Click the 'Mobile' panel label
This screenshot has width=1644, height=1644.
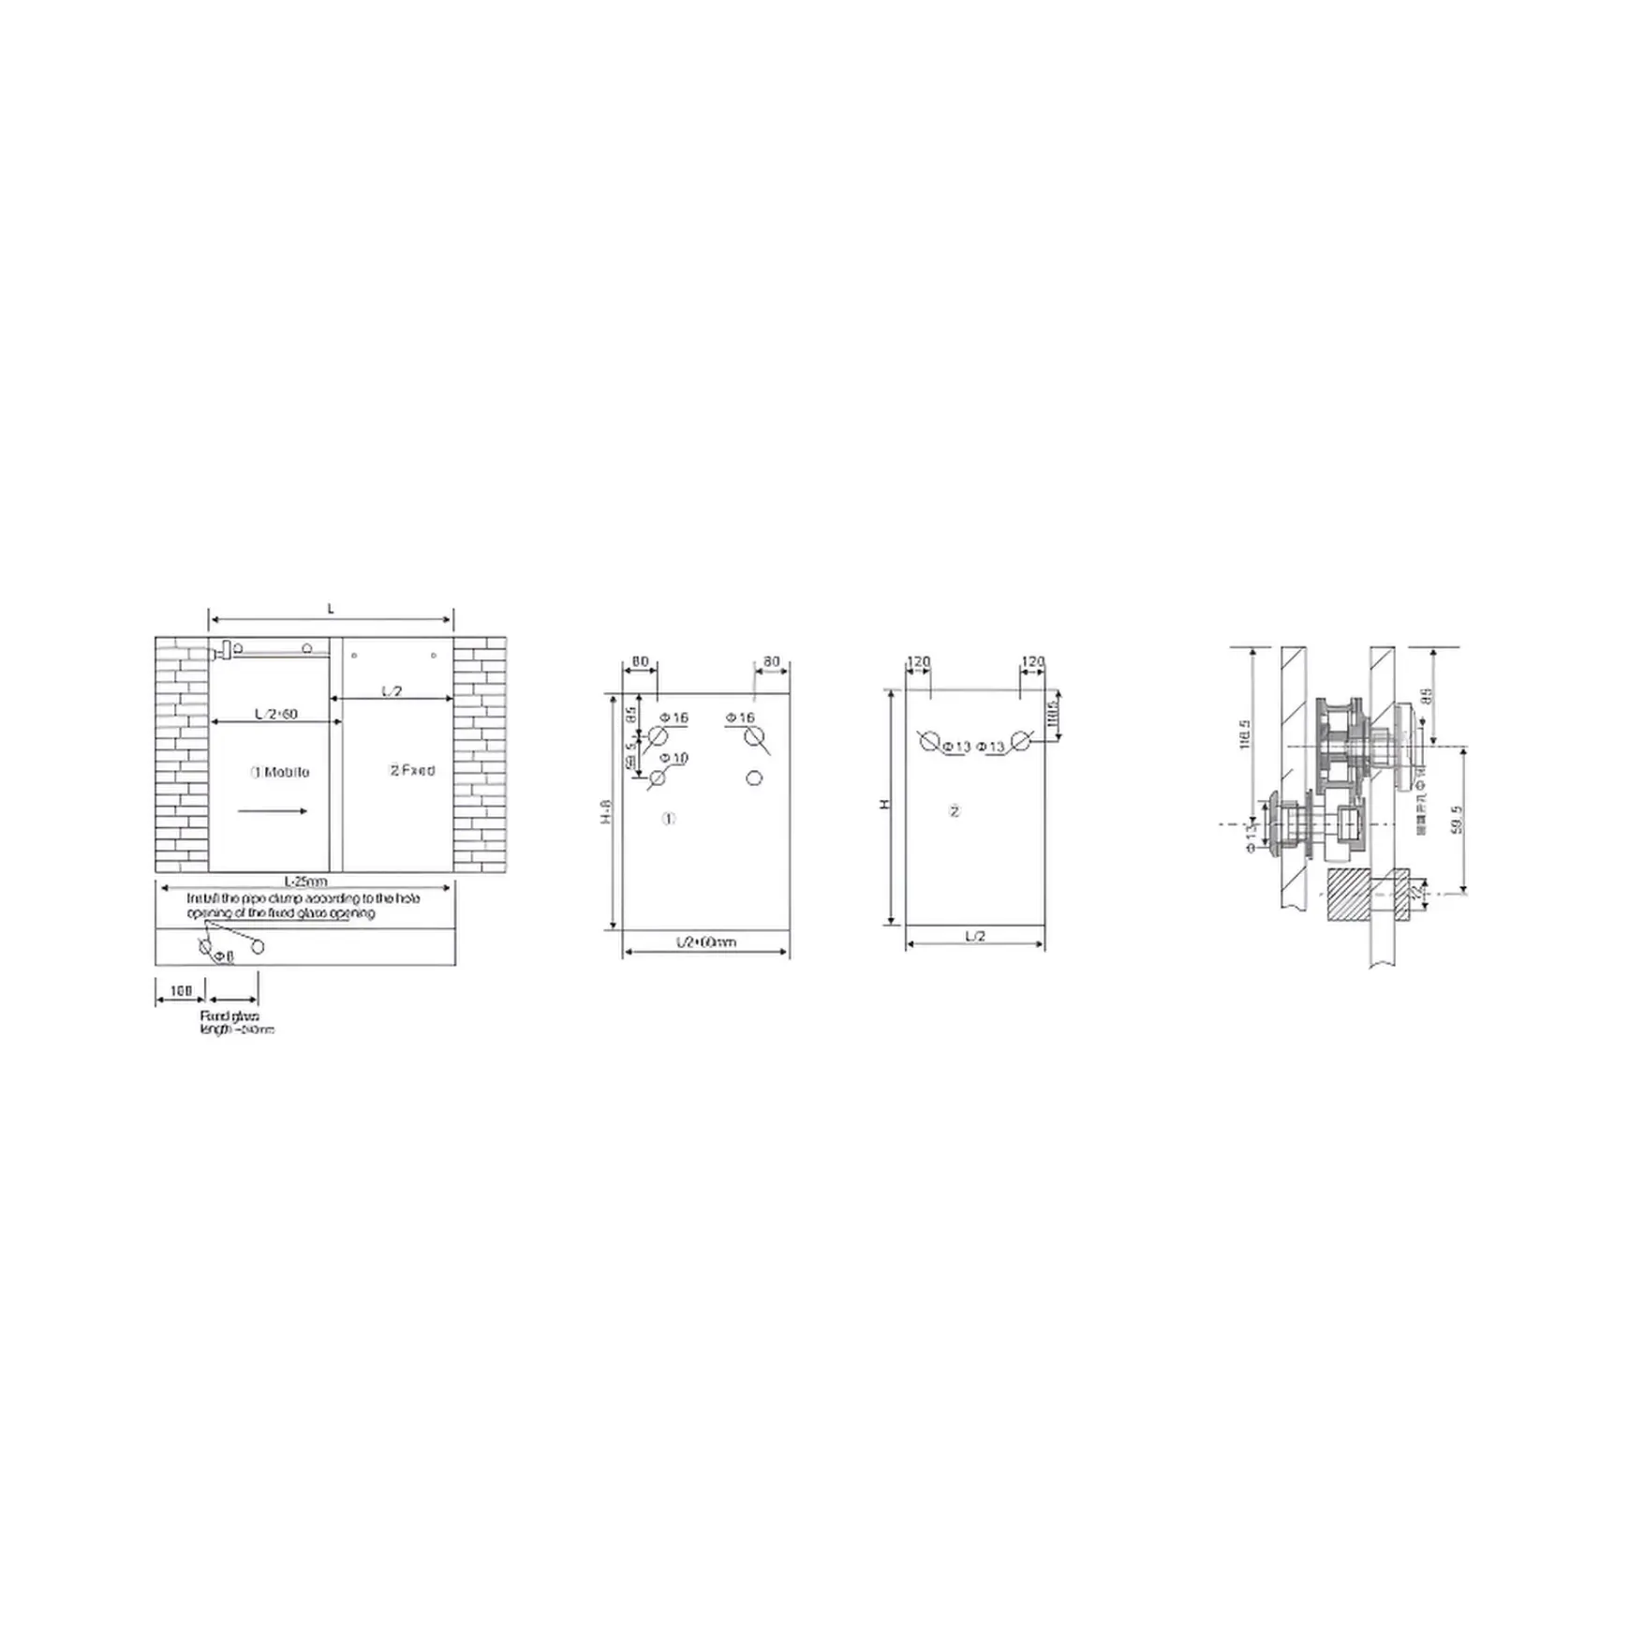[x=280, y=773]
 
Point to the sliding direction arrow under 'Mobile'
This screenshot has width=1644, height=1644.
[x=273, y=811]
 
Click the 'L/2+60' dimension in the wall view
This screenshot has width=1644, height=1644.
[x=275, y=714]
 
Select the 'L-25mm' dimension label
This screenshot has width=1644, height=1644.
[x=306, y=881]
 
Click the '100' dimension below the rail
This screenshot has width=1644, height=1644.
[x=181, y=990]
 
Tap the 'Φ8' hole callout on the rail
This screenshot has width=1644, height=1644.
[x=223, y=956]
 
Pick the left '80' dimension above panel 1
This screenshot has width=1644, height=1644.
[x=640, y=662]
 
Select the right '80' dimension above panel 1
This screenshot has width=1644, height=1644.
[x=771, y=662]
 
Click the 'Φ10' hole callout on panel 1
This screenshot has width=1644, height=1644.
[x=674, y=757]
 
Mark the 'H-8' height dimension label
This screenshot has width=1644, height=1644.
[x=606, y=811]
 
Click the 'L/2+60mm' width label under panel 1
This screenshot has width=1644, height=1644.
[x=706, y=941]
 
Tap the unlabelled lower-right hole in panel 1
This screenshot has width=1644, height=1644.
[x=754, y=778]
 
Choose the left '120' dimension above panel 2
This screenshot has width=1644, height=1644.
[x=919, y=661]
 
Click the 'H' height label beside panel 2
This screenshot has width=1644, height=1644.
[x=883, y=806]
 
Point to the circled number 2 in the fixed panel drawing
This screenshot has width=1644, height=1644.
[x=955, y=811]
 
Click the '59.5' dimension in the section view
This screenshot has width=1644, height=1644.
[x=1454, y=819]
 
